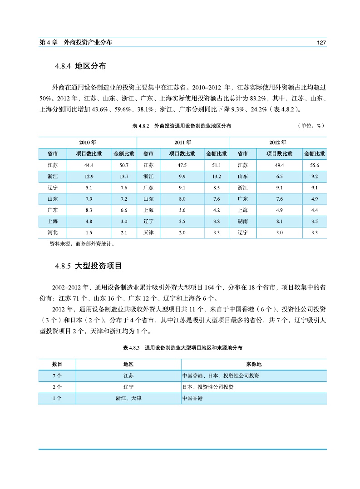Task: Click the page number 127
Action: tap(321, 42)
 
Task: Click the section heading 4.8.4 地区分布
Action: tap(80, 66)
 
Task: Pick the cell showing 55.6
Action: tap(315, 165)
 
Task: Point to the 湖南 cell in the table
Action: tap(243, 222)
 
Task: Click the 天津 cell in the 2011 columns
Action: tap(148, 233)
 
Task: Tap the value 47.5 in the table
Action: tap(182, 165)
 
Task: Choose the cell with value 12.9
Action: tap(89, 176)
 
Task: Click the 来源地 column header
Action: tap(254, 365)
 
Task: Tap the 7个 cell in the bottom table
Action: tap(57, 376)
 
